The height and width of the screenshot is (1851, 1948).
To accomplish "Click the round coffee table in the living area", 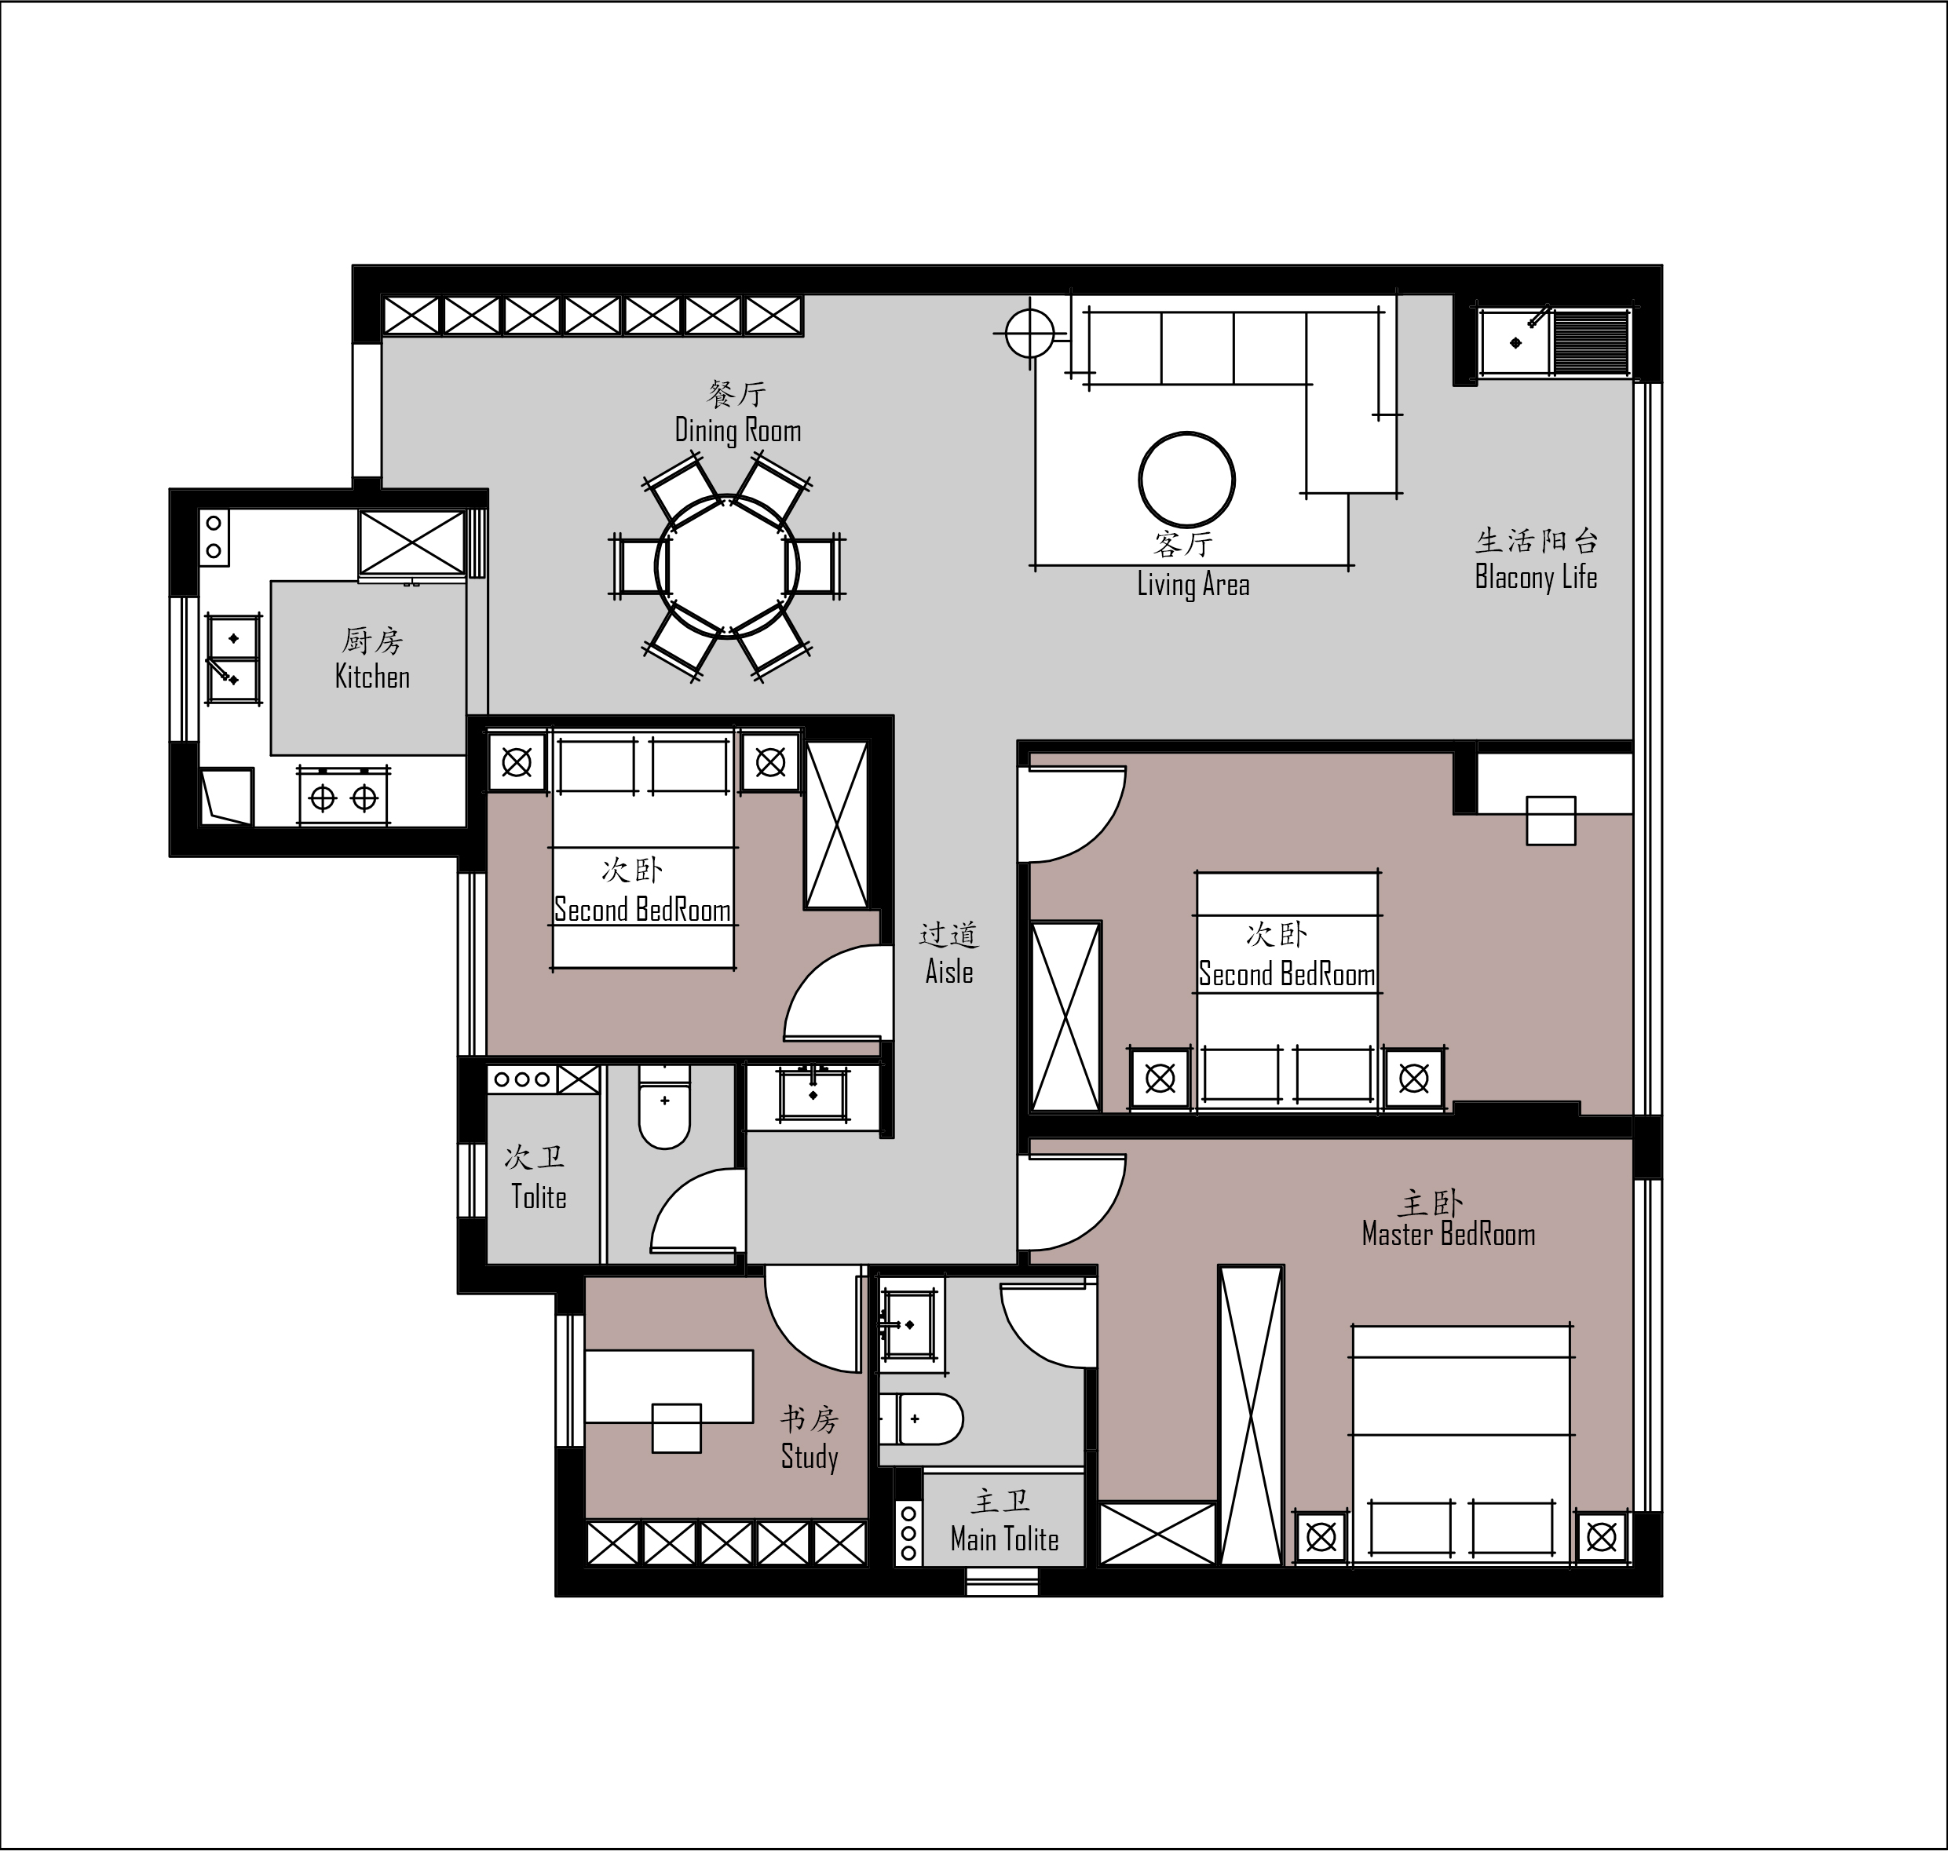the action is tap(1186, 480).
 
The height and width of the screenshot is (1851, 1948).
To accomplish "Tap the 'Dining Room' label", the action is tap(737, 430).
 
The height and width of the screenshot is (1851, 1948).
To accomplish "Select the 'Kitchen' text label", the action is tap(372, 677).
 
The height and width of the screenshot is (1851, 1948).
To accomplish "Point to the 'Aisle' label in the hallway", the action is tap(948, 972).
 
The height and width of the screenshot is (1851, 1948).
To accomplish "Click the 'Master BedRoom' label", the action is tap(1448, 1234).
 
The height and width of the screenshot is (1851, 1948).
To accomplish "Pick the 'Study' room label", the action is tap(810, 1457).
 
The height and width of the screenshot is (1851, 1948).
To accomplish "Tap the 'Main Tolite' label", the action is tap(1003, 1539).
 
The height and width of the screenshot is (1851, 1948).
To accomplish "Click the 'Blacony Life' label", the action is tap(1536, 577).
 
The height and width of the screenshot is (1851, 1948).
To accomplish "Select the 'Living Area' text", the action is tap(1193, 584).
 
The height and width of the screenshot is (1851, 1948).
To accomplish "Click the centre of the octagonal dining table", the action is tap(727, 566).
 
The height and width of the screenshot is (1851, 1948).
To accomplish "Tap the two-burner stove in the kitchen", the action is tap(343, 796).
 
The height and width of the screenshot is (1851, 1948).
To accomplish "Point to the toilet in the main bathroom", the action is tap(921, 1418).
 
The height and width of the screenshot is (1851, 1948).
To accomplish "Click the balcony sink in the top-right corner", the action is tap(1515, 341).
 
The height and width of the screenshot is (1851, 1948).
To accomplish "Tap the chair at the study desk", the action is tap(676, 1428).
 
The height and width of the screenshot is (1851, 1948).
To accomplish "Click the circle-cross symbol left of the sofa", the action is tap(1030, 334).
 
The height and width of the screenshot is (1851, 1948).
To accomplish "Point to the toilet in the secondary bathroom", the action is tap(664, 1106).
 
